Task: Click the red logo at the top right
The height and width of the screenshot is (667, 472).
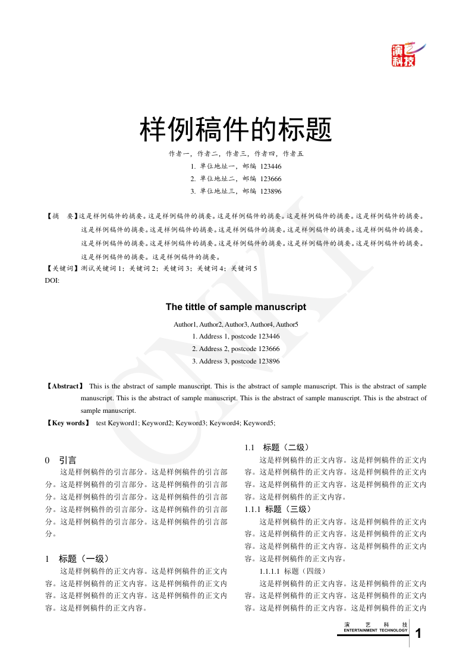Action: point(404,55)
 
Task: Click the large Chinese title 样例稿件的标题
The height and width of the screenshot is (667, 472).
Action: point(235,129)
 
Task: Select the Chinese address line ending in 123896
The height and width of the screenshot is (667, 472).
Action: point(235,191)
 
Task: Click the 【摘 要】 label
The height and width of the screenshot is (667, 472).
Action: point(62,217)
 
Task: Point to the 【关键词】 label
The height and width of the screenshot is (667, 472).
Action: point(62,268)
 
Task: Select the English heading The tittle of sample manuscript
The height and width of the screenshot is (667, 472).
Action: point(235,307)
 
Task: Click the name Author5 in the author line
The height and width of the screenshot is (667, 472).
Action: point(287,324)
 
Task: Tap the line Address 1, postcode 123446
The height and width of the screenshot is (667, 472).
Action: point(235,336)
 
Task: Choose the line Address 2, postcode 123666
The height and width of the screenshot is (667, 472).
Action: point(235,349)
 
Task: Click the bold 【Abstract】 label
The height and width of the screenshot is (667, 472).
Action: point(65,386)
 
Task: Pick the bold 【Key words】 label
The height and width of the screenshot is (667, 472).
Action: point(68,423)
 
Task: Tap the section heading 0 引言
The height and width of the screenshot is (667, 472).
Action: point(61,460)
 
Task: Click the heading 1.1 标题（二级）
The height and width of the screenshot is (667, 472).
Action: point(276,447)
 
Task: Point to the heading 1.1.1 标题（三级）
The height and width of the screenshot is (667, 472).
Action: point(278,509)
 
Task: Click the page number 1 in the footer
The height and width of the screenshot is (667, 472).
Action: point(419,634)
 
